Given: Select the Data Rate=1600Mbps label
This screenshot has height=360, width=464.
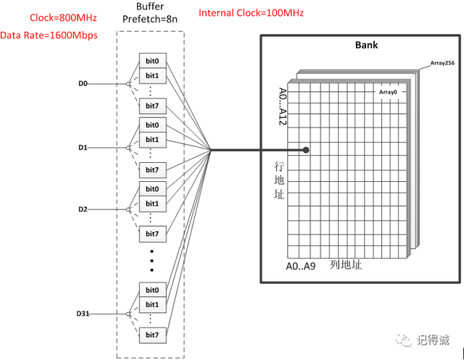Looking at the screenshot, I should click(x=49, y=35).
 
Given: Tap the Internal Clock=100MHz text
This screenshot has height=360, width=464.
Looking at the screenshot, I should click(x=251, y=13).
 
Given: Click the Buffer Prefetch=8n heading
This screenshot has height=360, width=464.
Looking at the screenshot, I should click(x=151, y=20).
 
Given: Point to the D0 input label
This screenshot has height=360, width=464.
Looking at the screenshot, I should click(x=83, y=85).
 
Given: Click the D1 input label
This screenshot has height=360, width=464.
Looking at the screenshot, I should click(x=83, y=148).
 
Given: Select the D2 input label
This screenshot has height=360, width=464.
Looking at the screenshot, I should click(x=83, y=209).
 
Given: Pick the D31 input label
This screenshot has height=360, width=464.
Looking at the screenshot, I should click(x=83, y=314).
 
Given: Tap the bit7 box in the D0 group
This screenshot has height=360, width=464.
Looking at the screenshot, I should click(x=152, y=107).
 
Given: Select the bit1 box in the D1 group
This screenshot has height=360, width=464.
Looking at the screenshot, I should click(x=152, y=139).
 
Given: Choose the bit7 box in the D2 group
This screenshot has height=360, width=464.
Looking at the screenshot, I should click(x=152, y=233).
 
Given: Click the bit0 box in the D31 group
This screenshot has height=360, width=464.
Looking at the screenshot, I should click(x=152, y=290).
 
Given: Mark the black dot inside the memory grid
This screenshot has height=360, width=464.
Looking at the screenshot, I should click(x=308, y=151).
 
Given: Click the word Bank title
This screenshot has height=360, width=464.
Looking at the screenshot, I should click(x=366, y=45).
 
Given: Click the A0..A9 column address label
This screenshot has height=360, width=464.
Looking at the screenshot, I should click(x=299, y=265).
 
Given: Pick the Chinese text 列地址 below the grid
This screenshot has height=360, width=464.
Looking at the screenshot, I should click(x=346, y=264).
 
